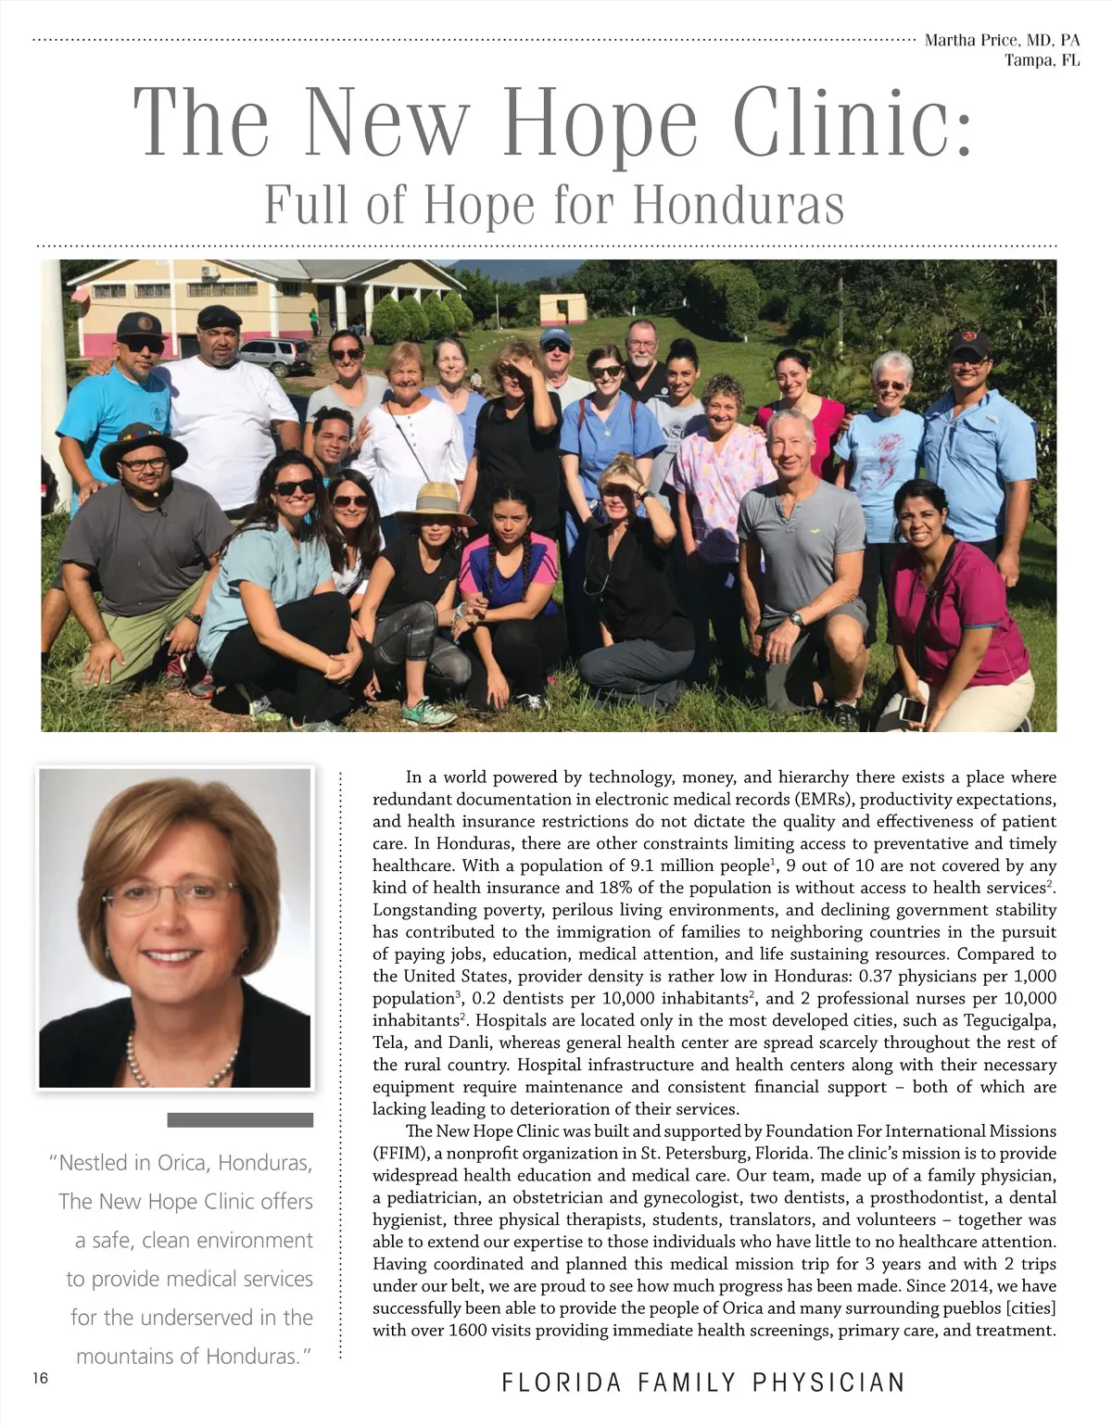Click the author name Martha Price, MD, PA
coord(1002,41)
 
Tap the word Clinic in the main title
coord(853,123)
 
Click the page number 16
coord(40,1379)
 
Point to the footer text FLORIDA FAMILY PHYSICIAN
coord(702,1383)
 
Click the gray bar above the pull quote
coord(240,1120)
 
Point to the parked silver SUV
coord(275,354)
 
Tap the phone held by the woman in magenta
coord(913,710)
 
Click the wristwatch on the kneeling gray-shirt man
coord(796,620)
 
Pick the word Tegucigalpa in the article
coord(1009,1020)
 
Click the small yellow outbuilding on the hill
coord(562,309)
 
